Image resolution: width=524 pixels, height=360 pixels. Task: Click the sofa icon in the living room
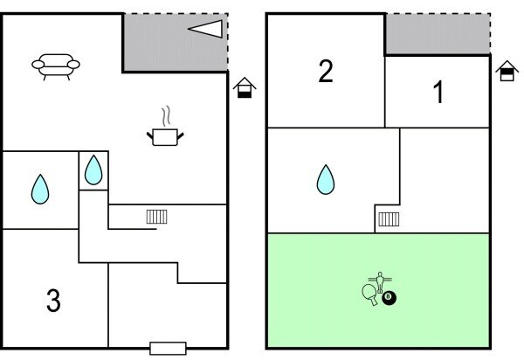(x=56, y=66)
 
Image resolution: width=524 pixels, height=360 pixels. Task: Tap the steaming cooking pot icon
(x=165, y=135)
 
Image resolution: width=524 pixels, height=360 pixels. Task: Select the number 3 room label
(x=53, y=301)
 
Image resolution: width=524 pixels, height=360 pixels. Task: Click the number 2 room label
(x=326, y=72)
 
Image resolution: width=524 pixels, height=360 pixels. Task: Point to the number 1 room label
(x=439, y=93)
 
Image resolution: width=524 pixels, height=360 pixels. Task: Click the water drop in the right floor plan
(x=325, y=179)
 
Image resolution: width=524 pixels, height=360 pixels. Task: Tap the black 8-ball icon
(x=390, y=299)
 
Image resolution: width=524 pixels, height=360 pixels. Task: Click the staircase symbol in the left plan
(x=156, y=216)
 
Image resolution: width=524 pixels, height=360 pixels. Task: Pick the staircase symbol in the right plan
(x=389, y=218)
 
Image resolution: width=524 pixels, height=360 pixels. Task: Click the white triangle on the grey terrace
(x=206, y=29)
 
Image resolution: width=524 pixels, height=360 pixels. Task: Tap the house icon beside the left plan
(x=245, y=87)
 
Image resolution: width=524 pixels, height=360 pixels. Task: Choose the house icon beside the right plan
(x=507, y=72)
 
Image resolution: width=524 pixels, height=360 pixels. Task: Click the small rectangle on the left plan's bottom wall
(x=167, y=348)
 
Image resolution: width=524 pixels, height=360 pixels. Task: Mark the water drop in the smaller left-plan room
(x=93, y=170)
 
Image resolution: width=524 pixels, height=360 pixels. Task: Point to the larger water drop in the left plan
(x=40, y=189)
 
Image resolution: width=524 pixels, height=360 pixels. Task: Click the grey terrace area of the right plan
(x=437, y=33)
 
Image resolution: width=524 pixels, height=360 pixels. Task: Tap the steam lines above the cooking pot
(x=165, y=116)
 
